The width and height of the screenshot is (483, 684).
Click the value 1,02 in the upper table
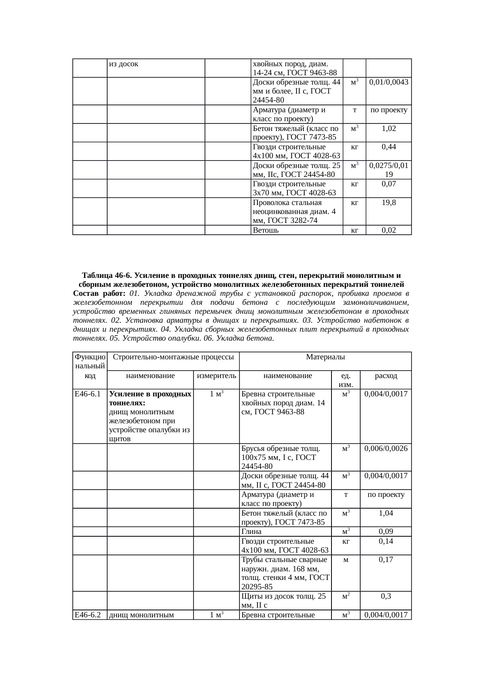(388, 128)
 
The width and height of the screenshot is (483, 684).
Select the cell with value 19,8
(388, 202)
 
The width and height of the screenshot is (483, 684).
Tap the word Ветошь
(266, 230)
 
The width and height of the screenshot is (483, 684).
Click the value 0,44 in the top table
(388, 147)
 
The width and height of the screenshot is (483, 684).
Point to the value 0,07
(388, 184)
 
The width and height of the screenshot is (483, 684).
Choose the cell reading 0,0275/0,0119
(388, 170)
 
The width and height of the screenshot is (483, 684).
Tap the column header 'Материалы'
(325, 357)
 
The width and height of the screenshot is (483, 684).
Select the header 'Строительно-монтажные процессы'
(173, 357)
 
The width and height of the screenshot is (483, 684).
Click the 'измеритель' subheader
(216, 376)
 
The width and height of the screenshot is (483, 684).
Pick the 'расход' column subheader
(386, 376)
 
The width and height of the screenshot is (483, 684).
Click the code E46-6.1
(88, 394)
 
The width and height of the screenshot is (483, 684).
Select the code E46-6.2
(88, 615)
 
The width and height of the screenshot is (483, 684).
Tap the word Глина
(251, 532)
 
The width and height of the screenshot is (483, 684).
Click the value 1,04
(386, 513)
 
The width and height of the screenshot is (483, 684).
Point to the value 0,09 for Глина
(386, 532)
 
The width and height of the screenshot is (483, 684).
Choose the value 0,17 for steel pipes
(386, 560)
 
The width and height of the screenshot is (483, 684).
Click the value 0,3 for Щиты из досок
(386, 596)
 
